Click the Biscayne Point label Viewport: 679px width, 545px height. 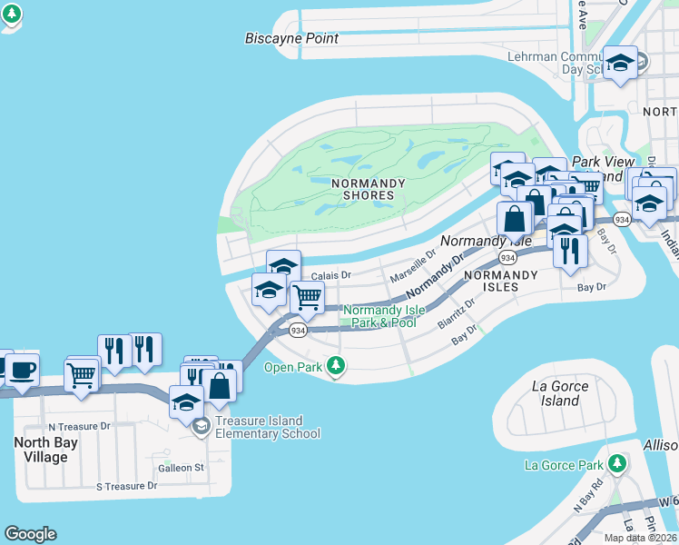(291, 39)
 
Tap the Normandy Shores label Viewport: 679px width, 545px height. (368, 189)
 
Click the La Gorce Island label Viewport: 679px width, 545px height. (560, 393)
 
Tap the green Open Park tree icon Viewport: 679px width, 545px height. (336, 367)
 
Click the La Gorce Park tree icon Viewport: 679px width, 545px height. (617, 465)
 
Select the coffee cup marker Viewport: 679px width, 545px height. (22, 370)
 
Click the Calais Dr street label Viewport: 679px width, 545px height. (330, 275)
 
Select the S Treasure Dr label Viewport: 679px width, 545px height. (127, 486)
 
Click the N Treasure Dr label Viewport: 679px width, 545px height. (79, 426)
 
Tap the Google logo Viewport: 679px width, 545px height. (30, 534)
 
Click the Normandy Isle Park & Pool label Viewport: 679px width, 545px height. (380, 316)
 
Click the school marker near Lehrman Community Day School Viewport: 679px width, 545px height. (621, 62)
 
